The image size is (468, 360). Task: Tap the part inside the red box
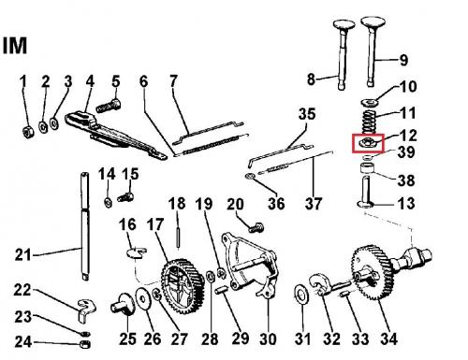[368, 143]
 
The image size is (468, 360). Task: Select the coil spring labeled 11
[370, 122]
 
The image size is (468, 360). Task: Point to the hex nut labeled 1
[28, 132]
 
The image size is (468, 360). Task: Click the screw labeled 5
[108, 106]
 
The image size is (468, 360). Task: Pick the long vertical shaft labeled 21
[85, 226]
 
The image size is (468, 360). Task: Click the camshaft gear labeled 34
[371, 272]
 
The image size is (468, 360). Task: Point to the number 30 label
[268, 338]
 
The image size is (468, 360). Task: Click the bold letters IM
[15, 46]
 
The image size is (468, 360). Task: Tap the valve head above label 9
[373, 23]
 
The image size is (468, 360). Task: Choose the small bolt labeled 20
[256, 227]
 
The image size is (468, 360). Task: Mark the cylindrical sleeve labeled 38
[368, 168]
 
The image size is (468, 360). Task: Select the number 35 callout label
[307, 114]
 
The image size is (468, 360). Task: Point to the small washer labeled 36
[250, 177]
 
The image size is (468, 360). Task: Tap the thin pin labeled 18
[178, 238]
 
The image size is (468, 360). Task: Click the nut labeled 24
[85, 344]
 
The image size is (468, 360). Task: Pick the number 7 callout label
[173, 81]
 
